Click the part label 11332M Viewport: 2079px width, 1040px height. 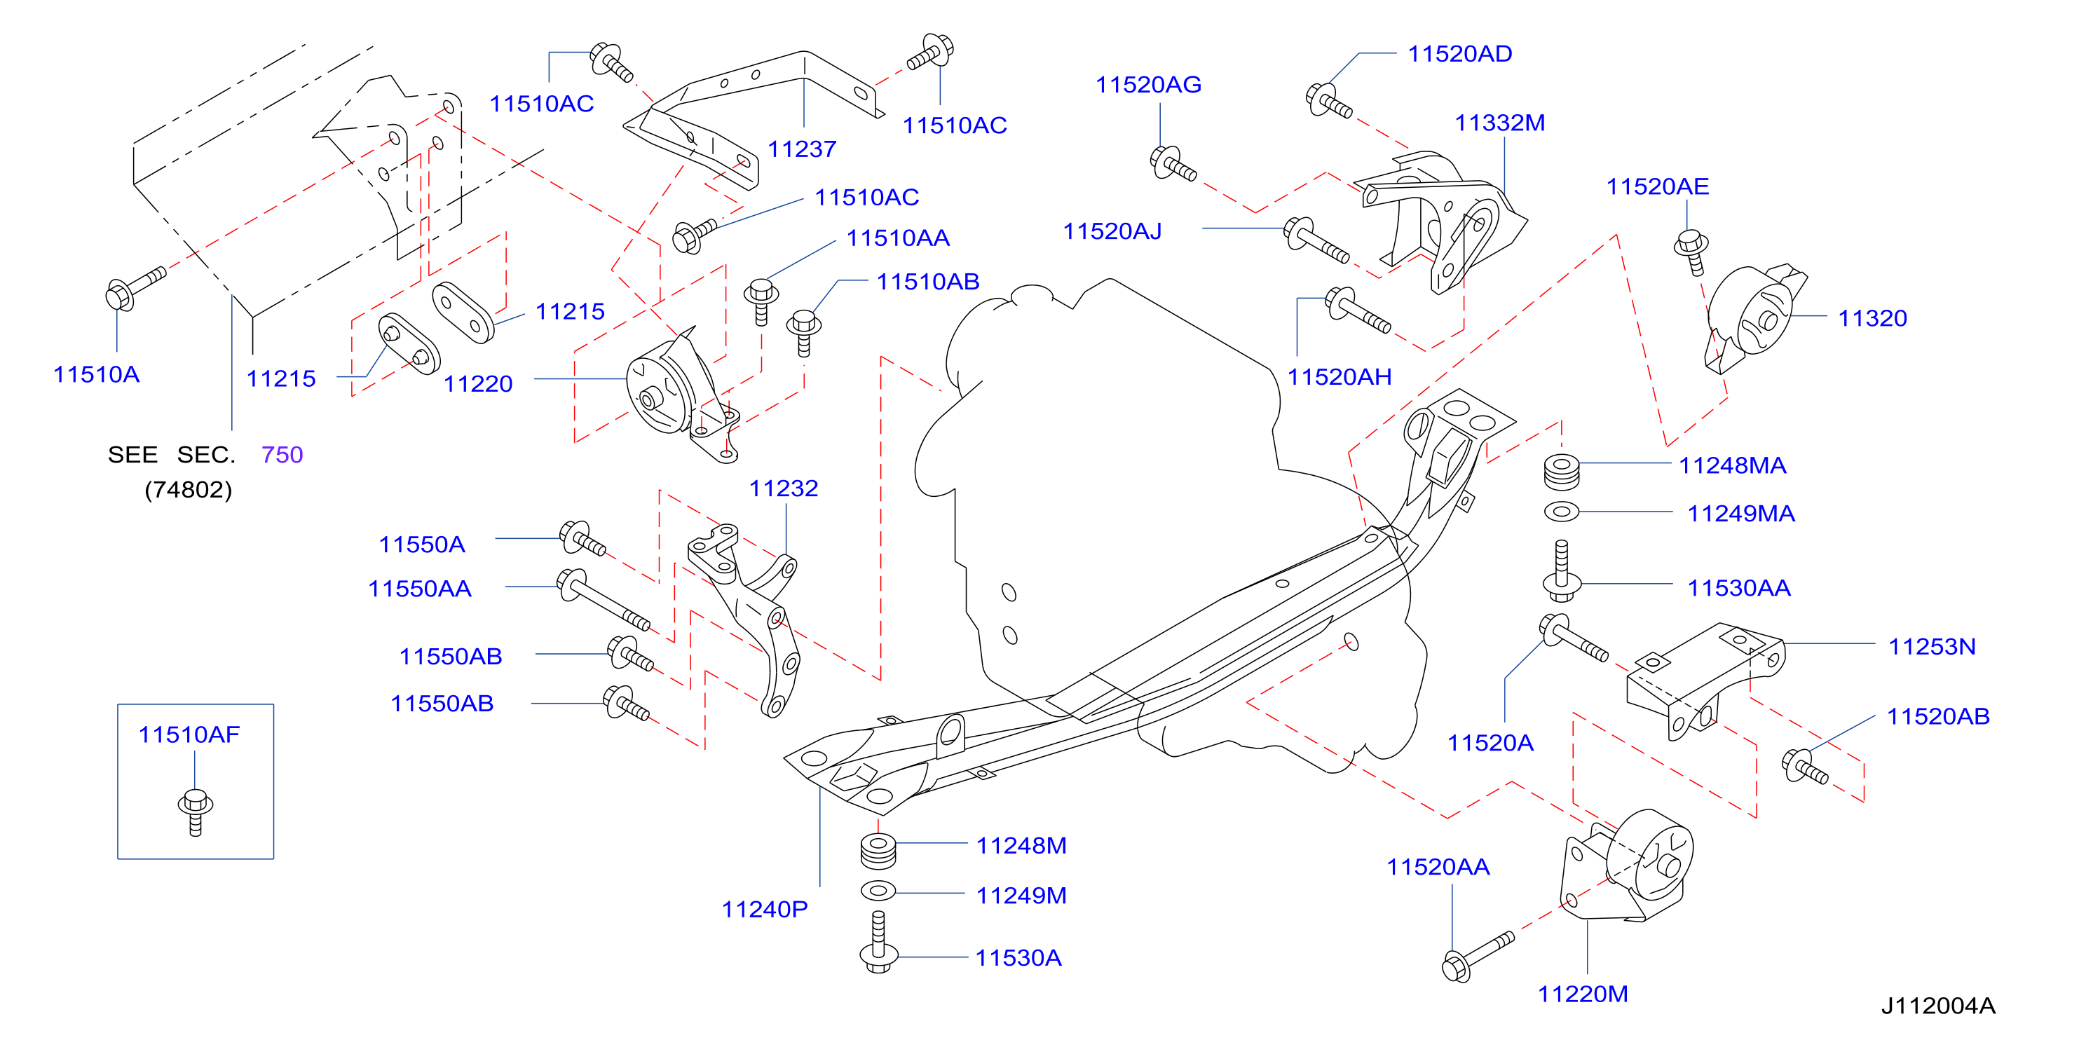pos(1499,123)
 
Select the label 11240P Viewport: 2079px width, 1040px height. pos(764,909)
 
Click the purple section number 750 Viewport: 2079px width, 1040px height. pos(282,454)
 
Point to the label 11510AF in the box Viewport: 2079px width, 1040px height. pos(189,734)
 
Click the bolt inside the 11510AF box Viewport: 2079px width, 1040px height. pos(196,812)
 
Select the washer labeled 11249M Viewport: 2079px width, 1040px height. pos(878,891)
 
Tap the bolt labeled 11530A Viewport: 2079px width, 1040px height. pos(879,943)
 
